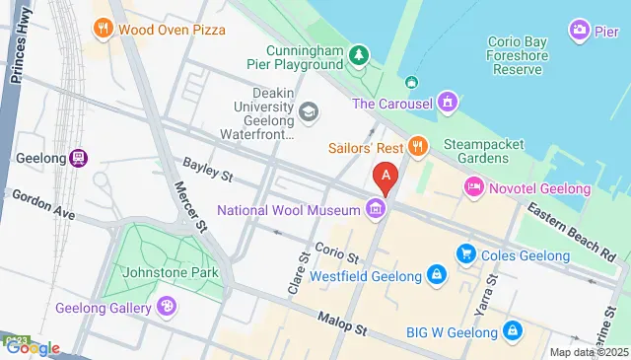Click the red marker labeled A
[x=386, y=178]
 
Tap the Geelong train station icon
[x=79, y=158]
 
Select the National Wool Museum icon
[x=375, y=209]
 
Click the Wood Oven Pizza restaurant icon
[x=104, y=29]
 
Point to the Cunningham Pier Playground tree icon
[x=361, y=52]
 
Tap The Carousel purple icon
[x=449, y=102]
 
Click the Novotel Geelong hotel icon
[x=473, y=186]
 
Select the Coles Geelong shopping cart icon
[x=466, y=255]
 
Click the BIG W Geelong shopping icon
[x=511, y=331]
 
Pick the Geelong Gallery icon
[x=168, y=308]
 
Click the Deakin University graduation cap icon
[x=309, y=112]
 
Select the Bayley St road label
[x=206, y=170]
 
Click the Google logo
[x=32, y=347]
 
